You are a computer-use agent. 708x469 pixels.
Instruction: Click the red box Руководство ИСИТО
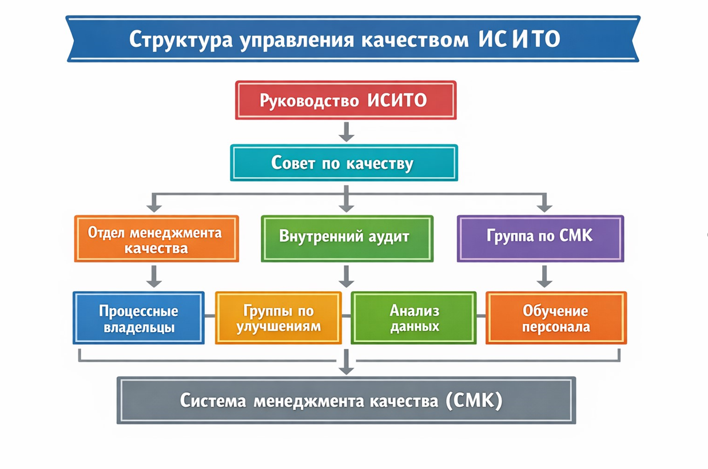point(345,101)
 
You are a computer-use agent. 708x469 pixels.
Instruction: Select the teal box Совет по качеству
point(344,163)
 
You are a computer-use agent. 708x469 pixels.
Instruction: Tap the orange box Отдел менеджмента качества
point(156,239)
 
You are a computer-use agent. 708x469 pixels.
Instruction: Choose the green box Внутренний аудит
point(347,238)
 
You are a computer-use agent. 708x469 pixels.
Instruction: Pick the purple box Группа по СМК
point(540,238)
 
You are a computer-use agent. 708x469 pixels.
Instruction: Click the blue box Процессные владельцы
point(138,318)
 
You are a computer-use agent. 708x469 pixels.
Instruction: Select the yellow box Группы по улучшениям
point(278,318)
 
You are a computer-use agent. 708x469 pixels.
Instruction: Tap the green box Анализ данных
point(413,318)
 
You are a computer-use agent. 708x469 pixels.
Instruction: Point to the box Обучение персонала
point(556,318)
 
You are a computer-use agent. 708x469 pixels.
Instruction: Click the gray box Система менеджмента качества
point(346,400)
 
